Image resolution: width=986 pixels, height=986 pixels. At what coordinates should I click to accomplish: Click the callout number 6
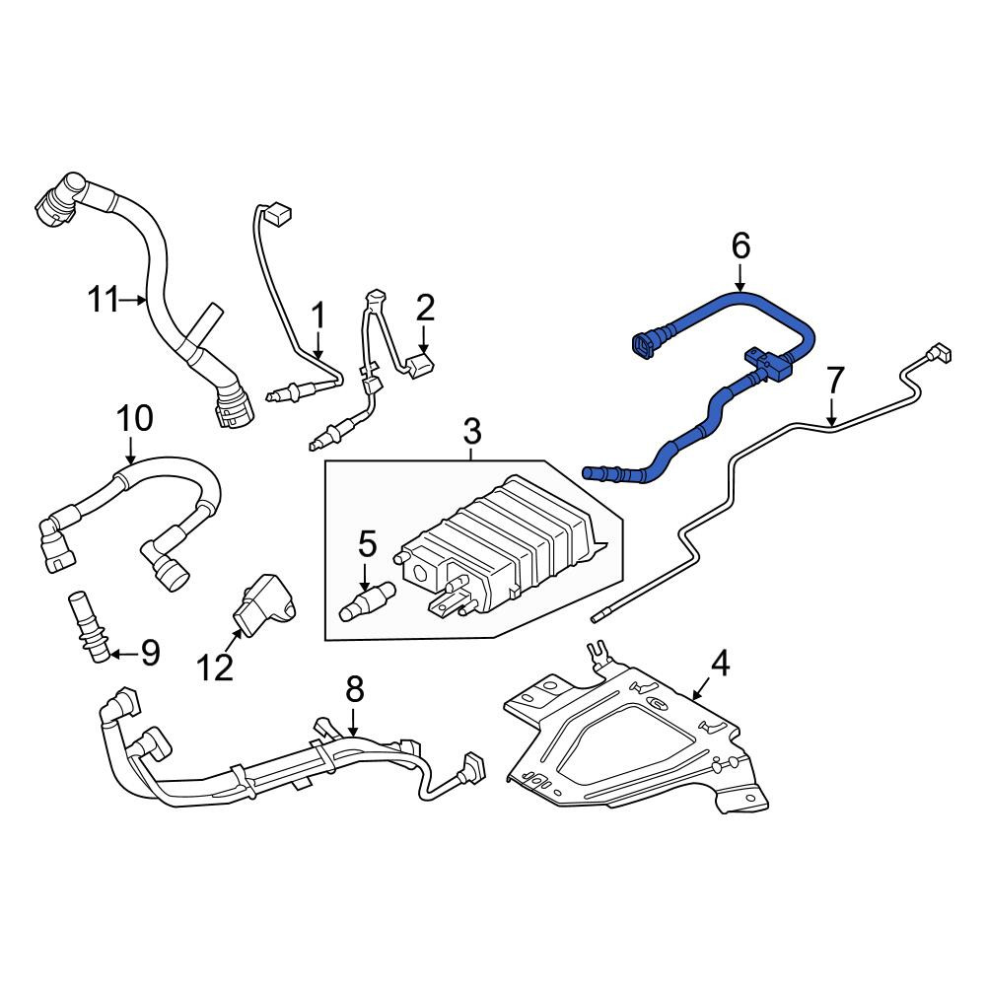740,246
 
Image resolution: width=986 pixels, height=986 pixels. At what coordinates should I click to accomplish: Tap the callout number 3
471,431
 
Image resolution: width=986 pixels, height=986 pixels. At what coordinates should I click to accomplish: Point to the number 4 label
720,664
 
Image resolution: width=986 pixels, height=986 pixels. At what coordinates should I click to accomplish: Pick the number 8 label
354,689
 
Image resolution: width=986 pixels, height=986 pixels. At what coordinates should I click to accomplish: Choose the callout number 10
135,419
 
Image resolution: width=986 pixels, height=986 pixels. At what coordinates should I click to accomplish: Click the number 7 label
834,380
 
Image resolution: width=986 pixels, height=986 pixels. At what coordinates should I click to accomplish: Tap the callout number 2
425,309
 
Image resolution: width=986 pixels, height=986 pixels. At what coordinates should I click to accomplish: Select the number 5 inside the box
367,543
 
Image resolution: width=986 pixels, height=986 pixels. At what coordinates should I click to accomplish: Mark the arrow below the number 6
740,277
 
